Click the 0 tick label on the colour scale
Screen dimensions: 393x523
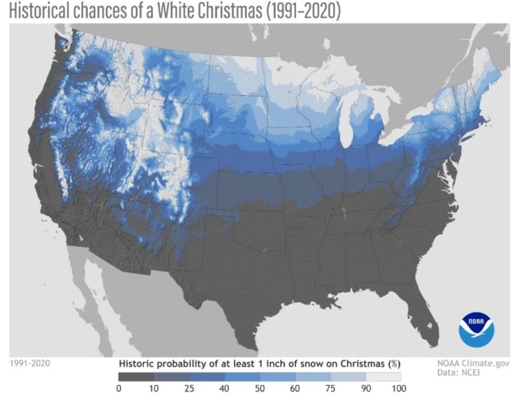point(119,388)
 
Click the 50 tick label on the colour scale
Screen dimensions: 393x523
point(260,388)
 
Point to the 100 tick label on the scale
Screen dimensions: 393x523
point(401,388)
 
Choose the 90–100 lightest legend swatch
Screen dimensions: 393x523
point(383,377)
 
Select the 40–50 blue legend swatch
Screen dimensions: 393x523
point(242,377)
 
